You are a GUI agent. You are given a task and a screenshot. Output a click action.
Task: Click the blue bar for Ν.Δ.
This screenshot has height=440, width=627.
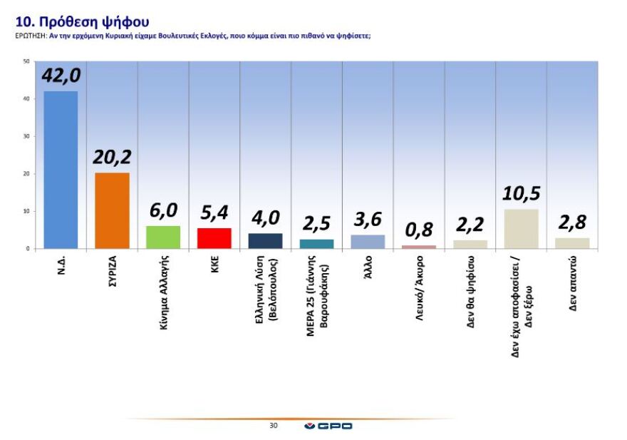61,170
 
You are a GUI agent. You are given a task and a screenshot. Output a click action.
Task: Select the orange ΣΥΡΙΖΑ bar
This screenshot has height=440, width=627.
112,210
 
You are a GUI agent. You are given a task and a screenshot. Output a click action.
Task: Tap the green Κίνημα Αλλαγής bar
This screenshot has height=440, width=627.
163,237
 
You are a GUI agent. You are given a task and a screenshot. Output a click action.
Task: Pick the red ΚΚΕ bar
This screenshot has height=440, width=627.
214,238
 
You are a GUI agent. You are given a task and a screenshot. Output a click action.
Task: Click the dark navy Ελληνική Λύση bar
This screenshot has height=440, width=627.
266,241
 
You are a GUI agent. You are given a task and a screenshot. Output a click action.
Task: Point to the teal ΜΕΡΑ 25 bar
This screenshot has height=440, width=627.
317,244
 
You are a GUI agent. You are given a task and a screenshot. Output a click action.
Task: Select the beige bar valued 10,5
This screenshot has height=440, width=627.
521,229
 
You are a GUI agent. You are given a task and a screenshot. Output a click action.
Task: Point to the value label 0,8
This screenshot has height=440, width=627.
420,231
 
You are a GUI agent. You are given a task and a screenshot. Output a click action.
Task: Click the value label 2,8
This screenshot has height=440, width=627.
572,223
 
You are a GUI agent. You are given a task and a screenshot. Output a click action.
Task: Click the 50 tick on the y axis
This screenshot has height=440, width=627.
26,61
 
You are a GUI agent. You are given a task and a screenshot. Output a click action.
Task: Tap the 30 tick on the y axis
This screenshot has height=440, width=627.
26,136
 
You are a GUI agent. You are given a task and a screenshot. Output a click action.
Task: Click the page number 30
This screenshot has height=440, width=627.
274,426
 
